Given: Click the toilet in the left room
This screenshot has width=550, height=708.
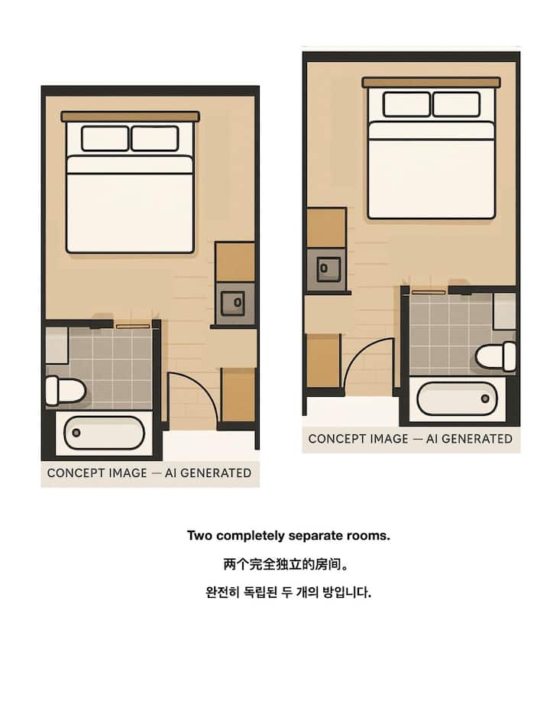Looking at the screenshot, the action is pos(66,390).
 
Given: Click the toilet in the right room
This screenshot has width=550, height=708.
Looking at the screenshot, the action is pos(496,356).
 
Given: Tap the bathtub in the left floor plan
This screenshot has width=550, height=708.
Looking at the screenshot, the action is pos(104,433).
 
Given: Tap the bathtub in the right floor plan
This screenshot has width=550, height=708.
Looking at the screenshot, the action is pos(457,398).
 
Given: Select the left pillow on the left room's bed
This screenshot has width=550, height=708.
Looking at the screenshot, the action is pos(105,138).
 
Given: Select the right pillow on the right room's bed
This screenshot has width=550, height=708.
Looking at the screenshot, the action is pos(456,104).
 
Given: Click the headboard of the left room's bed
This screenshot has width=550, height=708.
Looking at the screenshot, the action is pos(130,116).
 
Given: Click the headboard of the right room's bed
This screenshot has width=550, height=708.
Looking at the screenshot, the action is pos(431,82).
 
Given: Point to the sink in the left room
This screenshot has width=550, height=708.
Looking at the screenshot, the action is pos(233,303).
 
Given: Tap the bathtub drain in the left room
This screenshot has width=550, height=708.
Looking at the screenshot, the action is pos(76,433).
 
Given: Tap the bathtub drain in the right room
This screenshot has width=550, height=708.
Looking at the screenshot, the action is pos(485,398).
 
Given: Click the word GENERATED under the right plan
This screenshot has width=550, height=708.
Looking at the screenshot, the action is pos(477,439).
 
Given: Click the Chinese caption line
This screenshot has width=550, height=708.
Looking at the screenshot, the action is pos(286,564).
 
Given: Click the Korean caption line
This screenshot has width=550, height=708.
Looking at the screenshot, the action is pos(288,592).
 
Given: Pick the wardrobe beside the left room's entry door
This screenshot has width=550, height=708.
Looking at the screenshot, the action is pos(238,395).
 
